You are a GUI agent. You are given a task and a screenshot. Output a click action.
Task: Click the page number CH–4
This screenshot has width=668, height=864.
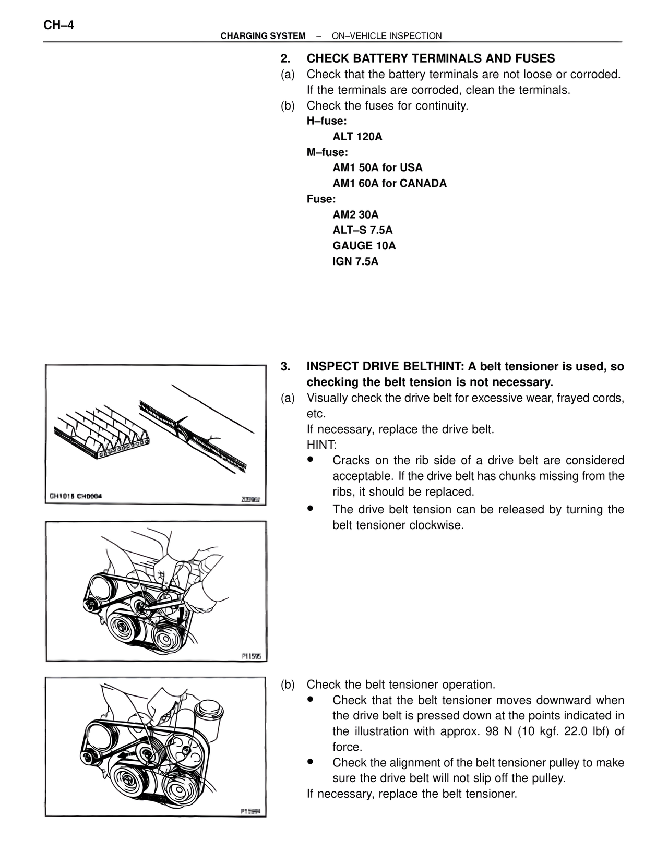point(58,25)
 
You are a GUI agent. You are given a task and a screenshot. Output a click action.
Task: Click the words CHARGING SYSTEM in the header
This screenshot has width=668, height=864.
point(263,36)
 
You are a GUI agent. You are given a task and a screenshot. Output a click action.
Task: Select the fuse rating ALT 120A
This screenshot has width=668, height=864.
point(357,137)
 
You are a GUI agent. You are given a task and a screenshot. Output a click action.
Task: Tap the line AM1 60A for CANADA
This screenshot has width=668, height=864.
point(389,183)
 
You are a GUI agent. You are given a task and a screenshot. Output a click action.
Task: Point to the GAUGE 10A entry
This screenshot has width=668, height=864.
point(364,246)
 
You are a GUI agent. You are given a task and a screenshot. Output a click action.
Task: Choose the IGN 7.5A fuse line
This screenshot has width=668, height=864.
point(355,261)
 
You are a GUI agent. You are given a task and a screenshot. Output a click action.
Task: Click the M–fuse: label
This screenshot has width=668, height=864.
point(327,152)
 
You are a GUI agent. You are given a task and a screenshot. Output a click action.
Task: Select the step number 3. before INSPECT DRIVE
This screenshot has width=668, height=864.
point(285,366)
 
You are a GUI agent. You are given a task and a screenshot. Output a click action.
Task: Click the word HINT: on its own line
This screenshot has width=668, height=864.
point(321,445)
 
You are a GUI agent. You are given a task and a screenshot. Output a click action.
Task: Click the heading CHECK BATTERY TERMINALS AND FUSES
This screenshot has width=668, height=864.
point(431,58)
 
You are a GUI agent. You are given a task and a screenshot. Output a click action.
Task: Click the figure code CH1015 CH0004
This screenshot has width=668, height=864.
point(75,496)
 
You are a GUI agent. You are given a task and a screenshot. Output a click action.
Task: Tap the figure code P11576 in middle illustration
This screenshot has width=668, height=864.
point(251,656)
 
